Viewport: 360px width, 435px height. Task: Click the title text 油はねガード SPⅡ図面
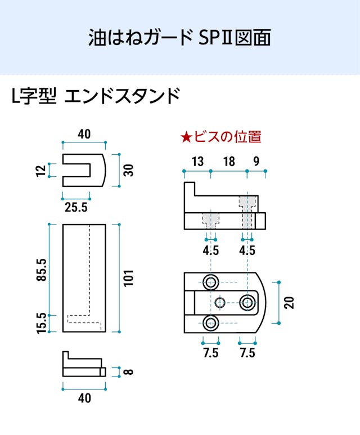pos(179,37)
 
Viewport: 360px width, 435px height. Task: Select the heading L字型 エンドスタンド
pos(96,96)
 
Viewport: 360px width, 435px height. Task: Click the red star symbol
pos(186,136)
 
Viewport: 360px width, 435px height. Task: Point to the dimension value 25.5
pos(76,207)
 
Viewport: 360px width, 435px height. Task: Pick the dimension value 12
pos(40,170)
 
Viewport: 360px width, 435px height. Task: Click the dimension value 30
pos(129,170)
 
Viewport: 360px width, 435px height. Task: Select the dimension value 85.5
pos(40,271)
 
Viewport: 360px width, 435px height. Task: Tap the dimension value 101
pos(129,279)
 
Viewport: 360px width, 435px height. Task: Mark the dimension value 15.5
pos(40,324)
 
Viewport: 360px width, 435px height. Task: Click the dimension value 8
pos(129,372)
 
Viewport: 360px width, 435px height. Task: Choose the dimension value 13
pos(197,162)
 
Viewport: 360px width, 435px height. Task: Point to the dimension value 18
pos(228,162)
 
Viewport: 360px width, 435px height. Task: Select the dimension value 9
pos(256,162)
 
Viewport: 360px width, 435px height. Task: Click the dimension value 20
pos(289,302)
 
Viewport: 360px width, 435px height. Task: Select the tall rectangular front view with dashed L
pos(84,279)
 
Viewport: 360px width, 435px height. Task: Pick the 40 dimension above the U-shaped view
pos(84,134)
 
